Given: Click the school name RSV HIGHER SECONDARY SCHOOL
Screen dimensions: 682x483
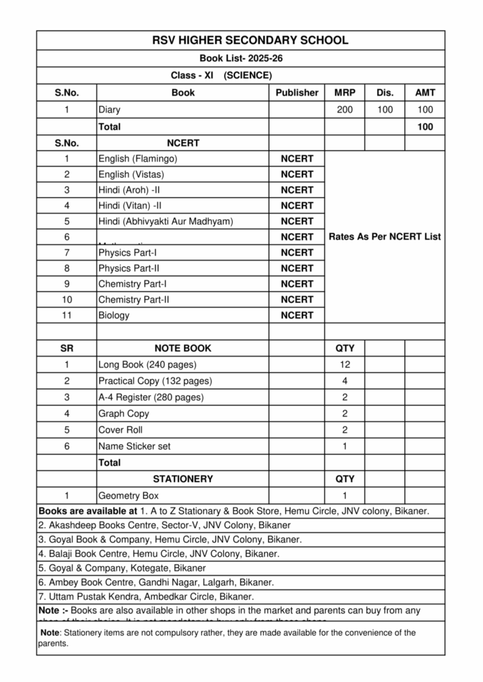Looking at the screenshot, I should [241, 40].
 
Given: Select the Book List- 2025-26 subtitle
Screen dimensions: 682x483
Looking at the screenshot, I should [241, 59].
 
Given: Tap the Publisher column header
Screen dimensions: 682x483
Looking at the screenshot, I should [296, 93].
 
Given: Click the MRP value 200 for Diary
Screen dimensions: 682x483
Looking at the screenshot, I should [344, 110].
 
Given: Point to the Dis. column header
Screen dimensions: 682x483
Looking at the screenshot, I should [385, 93].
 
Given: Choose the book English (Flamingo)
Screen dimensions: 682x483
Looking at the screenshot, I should [138, 159].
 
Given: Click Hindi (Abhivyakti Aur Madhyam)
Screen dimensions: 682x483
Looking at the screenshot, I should [166, 221].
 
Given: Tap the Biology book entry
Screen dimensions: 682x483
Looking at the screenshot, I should [114, 315].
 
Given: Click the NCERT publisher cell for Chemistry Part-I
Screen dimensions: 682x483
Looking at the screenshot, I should [296, 284].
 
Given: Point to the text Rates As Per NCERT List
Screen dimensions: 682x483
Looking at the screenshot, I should [384, 236].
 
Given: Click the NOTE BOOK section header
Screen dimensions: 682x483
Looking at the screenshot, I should [183, 348].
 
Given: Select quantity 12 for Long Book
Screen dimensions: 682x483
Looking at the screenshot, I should [344, 365].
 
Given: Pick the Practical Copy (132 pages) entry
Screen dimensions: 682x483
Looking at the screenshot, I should [155, 381].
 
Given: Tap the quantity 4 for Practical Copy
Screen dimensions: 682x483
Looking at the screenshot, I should [344, 381].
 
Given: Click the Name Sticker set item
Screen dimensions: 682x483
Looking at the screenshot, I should [135, 446].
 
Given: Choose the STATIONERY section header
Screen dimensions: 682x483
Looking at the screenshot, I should [183, 479].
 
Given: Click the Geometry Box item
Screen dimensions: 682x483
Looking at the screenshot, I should [129, 496].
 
